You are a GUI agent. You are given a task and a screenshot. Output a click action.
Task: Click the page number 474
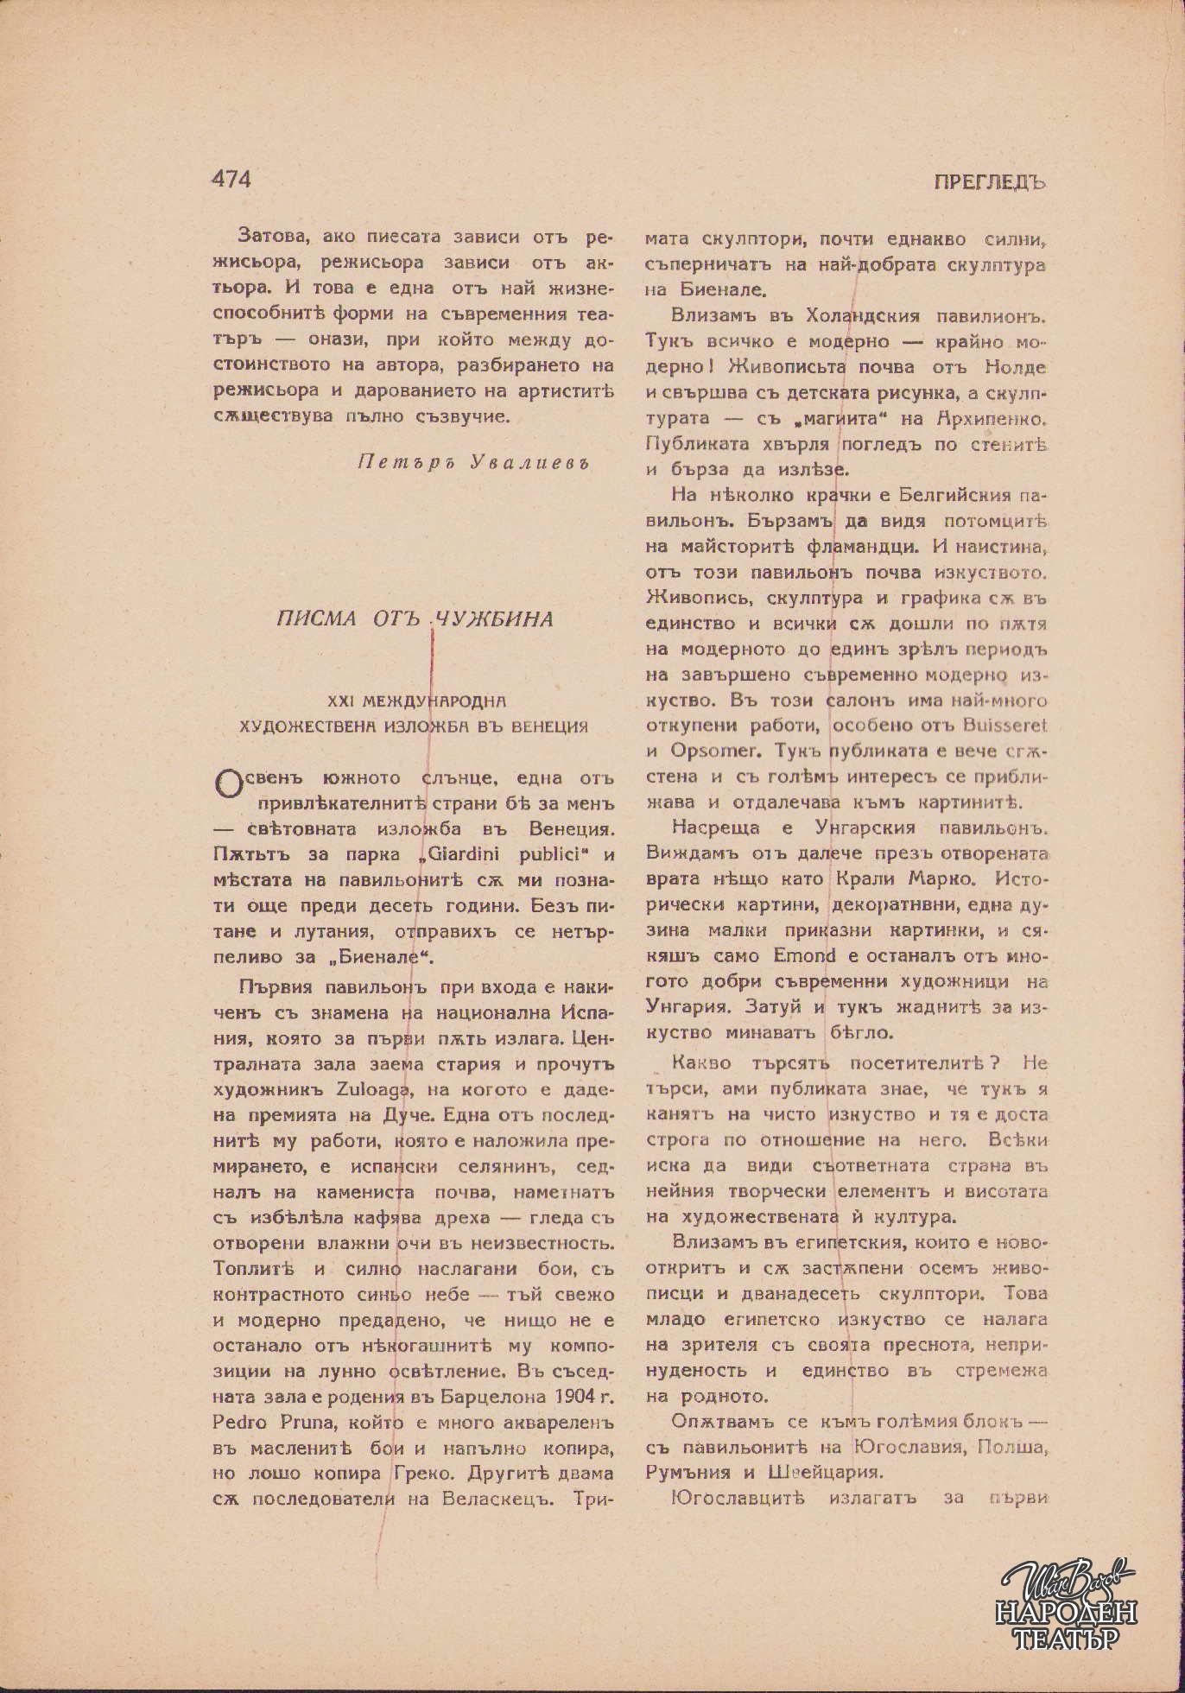click(x=231, y=179)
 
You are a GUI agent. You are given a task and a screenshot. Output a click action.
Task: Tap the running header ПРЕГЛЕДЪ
click(x=989, y=182)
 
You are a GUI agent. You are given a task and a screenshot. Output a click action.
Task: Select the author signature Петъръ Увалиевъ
click(x=472, y=461)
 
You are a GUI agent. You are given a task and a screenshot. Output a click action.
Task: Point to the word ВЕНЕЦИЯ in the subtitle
click(x=547, y=726)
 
